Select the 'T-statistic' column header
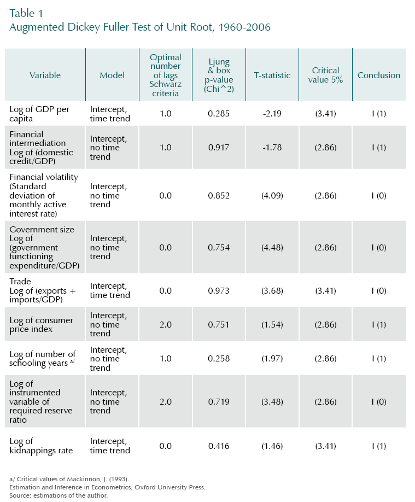click(272, 75)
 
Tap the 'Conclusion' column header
click(379, 75)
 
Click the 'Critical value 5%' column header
click(326, 75)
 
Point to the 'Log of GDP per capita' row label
click(39, 114)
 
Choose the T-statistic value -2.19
click(272, 114)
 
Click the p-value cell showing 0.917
click(219, 148)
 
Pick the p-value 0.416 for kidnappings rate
click(219, 446)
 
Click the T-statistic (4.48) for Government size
click(272, 247)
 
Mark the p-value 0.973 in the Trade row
click(219, 290)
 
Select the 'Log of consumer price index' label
click(41, 324)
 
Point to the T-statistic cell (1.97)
click(272, 359)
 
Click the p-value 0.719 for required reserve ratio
click(219, 401)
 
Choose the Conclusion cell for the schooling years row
click(379, 359)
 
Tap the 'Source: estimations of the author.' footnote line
click(59, 495)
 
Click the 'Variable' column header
click(45, 75)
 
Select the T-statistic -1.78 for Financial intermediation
click(272, 148)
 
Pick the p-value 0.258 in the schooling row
click(219, 359)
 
